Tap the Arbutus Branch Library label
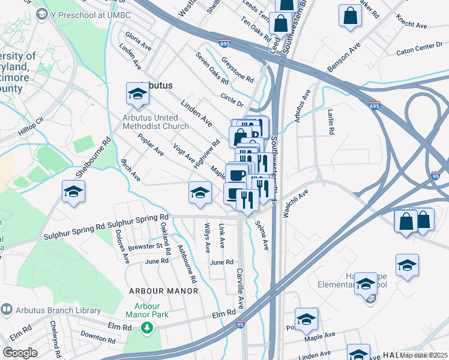51,310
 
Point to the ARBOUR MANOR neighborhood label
163,291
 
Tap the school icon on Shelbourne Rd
74,192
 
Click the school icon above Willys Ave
200,192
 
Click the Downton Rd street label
97,338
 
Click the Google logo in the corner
20,353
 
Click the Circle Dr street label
232,99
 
